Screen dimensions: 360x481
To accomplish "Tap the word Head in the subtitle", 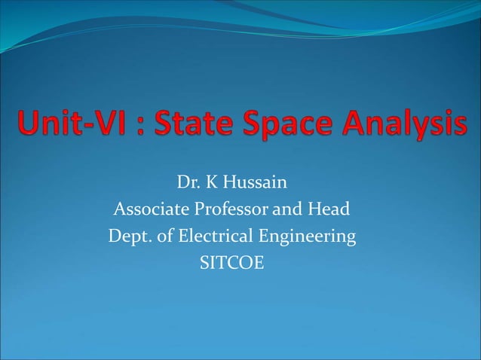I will [x=330, y=209].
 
